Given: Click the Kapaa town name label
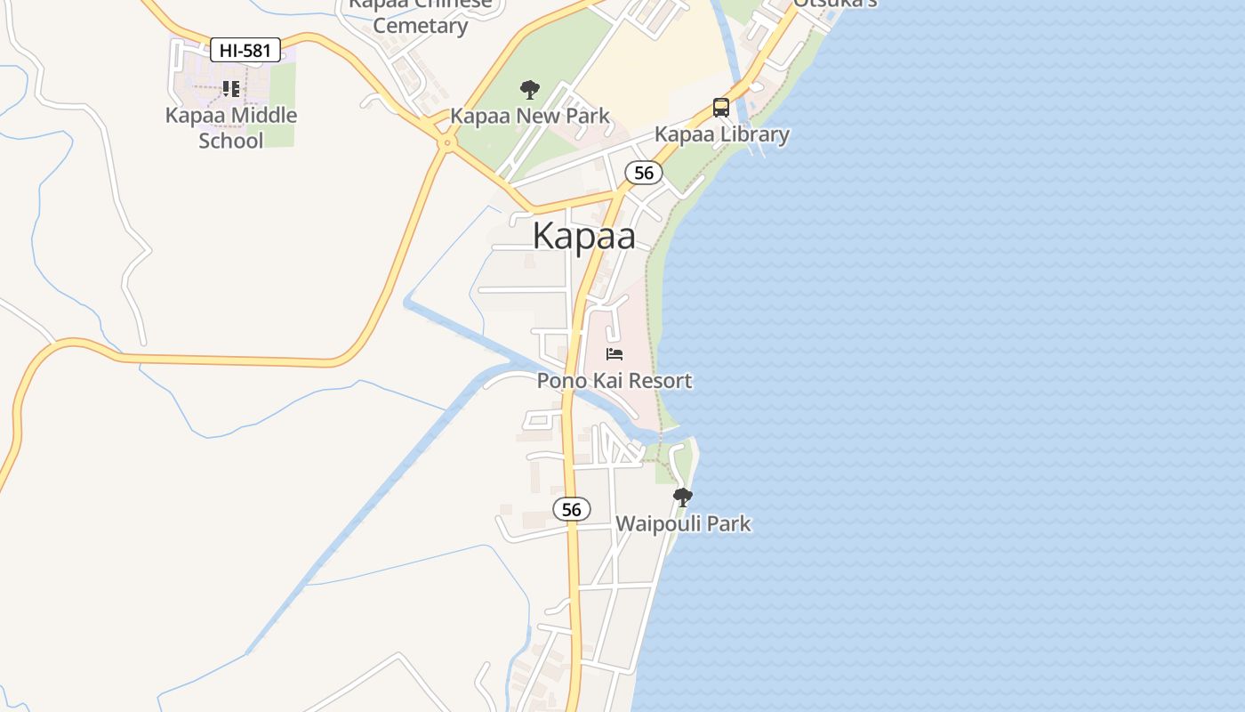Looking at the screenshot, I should pyautogui.click(x=584, y=236).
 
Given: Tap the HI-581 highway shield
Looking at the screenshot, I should pyautogui.click(x=245, y=51).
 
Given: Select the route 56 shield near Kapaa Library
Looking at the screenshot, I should pyautogui.click(x=644, y=173).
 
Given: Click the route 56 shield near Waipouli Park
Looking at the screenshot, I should pyautogui.click(x=571, y=509).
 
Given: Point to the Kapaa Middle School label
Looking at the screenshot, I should pyautogui.click(x=231, y=127).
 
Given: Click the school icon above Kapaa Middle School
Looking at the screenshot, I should pyautogui.click(x=231, y=88).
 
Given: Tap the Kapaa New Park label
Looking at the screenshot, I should pyautogui.click(x=530, y=116).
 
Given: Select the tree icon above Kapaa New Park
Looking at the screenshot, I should pyautogui.click(x=530, y=89).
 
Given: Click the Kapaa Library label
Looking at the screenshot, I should pyautogui.click(x=722, y=134).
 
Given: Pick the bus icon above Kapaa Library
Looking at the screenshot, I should pyautogui.click(x=721, y=108).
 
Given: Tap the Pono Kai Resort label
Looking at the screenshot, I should pyautogui.click(x=614, y=381).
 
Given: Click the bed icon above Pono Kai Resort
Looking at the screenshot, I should pyautogui.click(x=614, y=354).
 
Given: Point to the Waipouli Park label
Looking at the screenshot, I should pyautogui.click(x=683, y=523).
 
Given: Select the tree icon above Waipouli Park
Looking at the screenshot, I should pyautogui.click(x=682, y=497).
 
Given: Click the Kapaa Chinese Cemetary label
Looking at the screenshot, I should pyautogui.click(x=420, y=14).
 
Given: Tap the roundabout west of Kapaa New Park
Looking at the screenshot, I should pyautogui.click(x=446, y=142).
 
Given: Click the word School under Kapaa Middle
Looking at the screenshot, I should pyautogui.click(x=231, y=141).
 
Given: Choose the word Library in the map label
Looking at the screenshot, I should pyautogui.click(x=755, y=134).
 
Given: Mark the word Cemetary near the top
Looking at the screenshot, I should pyautogui.click(x=420, y=25).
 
